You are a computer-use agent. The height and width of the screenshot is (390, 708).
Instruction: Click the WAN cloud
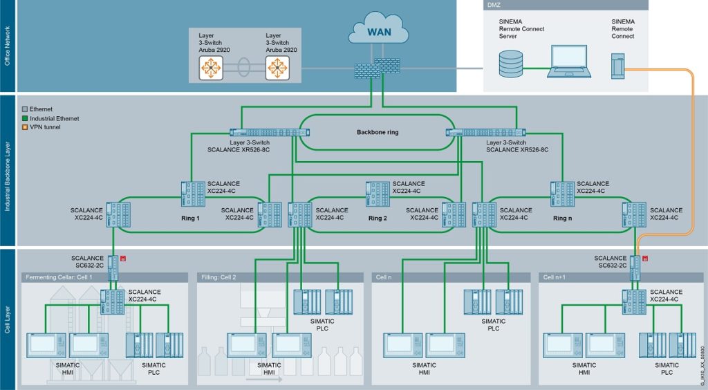click(374, 33)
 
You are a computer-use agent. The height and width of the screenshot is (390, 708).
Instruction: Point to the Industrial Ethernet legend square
click(25, 119)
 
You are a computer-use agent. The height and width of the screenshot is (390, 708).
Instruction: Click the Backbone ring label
click(378, 132)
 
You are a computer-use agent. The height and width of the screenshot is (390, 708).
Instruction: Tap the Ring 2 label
click(378, 218)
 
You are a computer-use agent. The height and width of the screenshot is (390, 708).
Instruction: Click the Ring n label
click(563, 218)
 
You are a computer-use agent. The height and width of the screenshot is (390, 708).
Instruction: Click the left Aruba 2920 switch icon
click(211, 68)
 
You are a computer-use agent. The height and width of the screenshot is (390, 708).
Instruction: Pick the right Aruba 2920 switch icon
click(277, 68)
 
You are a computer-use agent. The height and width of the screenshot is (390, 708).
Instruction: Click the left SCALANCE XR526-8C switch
click(269, 133)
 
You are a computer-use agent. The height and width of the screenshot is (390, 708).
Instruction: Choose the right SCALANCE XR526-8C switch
click(486, 133)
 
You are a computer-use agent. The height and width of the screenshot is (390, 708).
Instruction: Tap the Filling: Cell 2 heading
click(219, 277)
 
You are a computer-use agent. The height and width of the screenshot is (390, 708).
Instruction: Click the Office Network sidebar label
click(8, 46)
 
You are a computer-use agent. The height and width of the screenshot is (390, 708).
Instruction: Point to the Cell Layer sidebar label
click(8, 318)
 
